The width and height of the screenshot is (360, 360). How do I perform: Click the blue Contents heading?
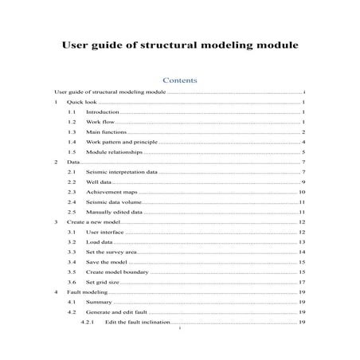(x=179, y=80)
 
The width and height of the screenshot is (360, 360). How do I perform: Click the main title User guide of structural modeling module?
(x=180, y=45)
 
